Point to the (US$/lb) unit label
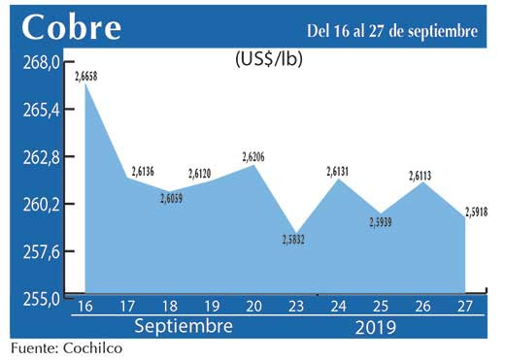268,59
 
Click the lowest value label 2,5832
296,240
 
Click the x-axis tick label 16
84,307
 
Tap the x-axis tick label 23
295,307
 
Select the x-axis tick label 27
463,307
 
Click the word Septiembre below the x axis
183,326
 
